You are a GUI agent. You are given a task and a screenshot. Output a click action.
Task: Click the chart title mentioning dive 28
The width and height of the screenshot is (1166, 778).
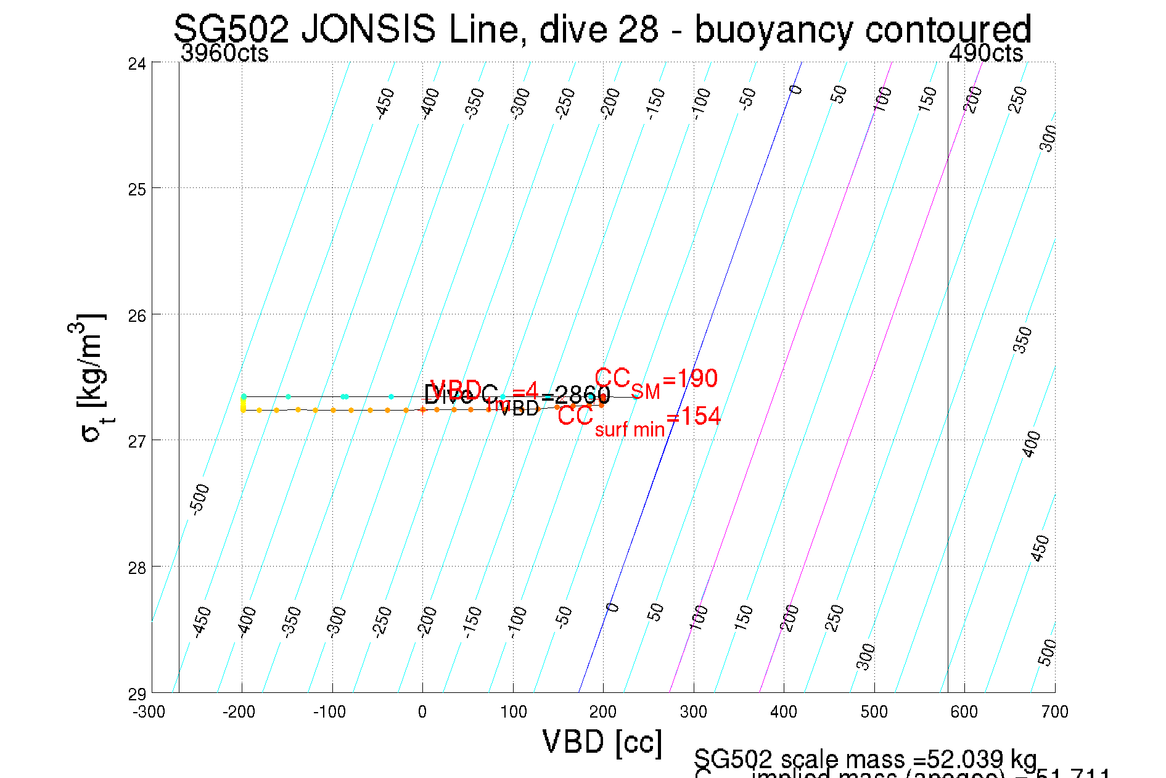click(x=602, y=29)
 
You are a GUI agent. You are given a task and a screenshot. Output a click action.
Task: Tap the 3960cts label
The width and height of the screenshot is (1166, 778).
click(x=224, y=54)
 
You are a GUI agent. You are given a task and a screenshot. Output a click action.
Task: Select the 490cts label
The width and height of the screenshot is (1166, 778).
click(x=986, y=54)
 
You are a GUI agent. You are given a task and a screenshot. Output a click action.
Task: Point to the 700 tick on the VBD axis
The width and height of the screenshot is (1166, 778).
click(x=1054, y=712)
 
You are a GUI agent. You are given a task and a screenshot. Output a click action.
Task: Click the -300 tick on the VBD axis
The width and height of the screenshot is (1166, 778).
click(x=149, y=712)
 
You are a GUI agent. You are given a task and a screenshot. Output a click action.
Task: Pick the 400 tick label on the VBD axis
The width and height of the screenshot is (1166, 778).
click(x=784, y=712)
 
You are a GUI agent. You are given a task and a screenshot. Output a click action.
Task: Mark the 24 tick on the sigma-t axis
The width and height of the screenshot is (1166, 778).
click(x=137, y=63)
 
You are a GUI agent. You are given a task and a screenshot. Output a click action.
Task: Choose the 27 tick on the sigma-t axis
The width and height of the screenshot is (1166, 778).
click(x=137, y=441)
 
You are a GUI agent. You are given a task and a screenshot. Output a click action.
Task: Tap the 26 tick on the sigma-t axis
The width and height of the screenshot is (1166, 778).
click(x=137, y=316)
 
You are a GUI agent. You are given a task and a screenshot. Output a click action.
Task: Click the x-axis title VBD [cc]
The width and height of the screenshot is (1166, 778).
click(x=602, y=742)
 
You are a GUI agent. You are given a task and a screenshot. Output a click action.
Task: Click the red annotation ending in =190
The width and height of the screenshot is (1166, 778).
click(x=656, y=380)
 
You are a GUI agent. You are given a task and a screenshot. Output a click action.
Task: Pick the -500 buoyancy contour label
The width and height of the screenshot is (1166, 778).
click(x=200, y=499)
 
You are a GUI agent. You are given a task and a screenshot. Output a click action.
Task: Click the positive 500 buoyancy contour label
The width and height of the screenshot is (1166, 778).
click(x=1046, y=652)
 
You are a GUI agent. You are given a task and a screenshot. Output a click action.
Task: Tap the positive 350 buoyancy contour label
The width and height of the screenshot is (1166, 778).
click(x=1023, y=340)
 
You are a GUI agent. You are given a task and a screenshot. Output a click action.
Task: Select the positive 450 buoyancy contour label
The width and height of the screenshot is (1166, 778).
click(x=1040, y=548)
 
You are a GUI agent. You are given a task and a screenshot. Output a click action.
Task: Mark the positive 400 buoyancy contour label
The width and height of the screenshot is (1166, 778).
click(x=1031, y=444)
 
